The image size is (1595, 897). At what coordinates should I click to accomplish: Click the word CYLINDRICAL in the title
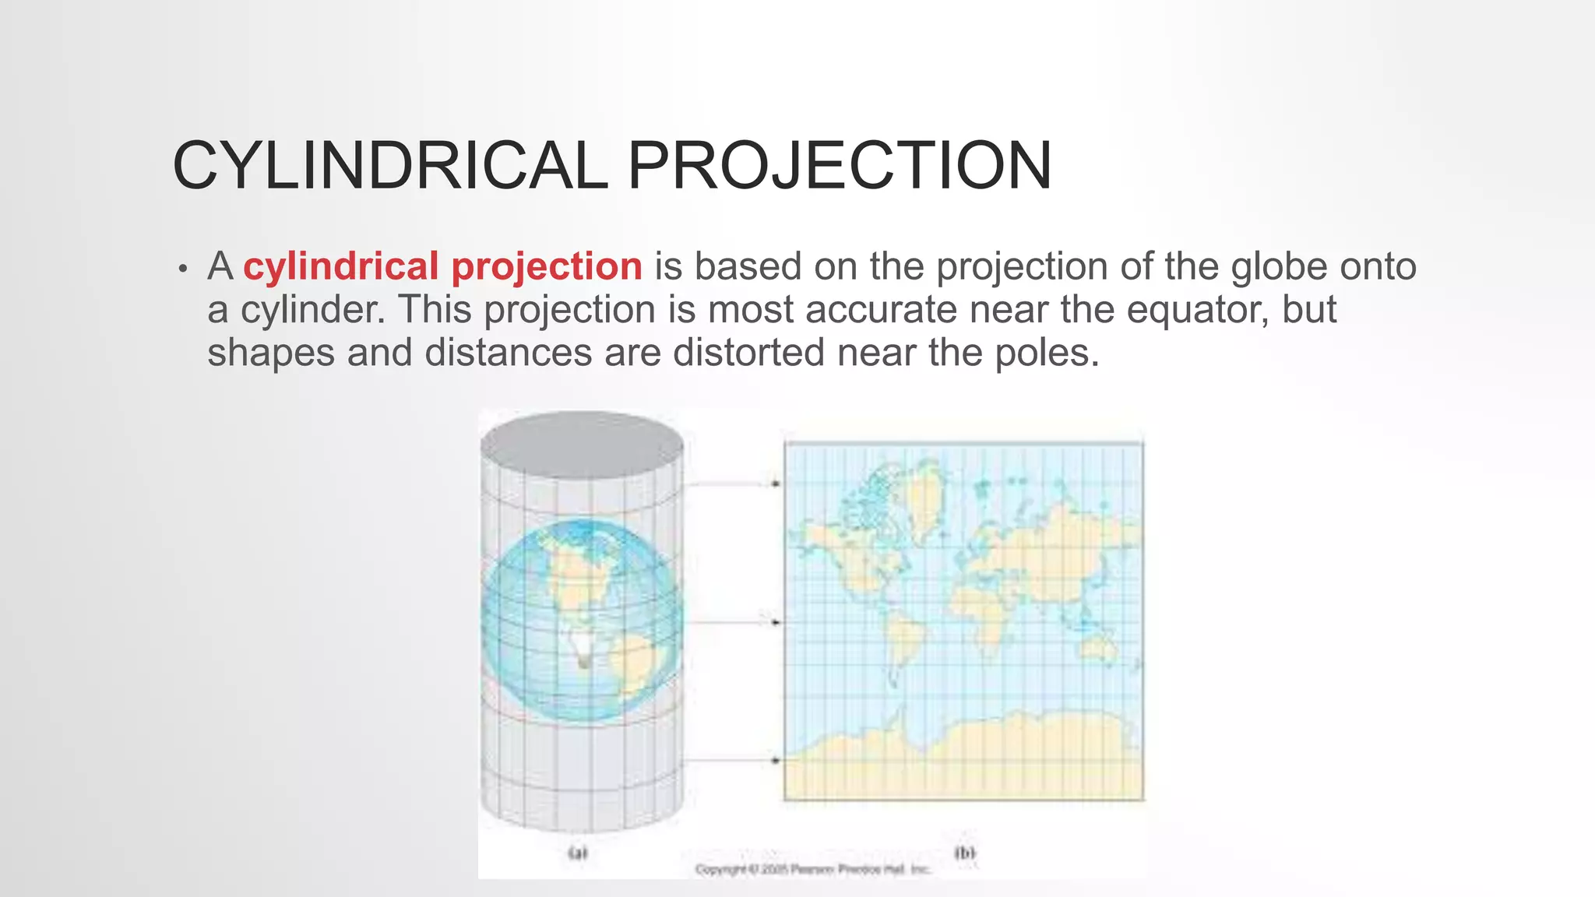[389, 165]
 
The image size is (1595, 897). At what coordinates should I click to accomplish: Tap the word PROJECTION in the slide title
[840, 165]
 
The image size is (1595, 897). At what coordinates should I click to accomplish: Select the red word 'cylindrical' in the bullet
[341, 266]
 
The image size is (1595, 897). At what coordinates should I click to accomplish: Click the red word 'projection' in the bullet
[547, 267]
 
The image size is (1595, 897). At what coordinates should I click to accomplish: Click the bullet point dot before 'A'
[183, 269]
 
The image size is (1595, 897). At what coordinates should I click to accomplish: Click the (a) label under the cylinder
[577, 853]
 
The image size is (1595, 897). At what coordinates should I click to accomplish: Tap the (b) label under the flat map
[964, 853]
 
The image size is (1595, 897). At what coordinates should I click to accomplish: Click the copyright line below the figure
[812, 869]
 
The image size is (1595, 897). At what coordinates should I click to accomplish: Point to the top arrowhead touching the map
[775, 484]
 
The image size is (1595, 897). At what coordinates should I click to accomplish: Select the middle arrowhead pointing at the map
[775, 622]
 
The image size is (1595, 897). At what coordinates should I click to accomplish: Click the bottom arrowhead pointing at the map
[775, 760]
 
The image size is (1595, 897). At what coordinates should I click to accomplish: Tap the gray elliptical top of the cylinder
[582, 444]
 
